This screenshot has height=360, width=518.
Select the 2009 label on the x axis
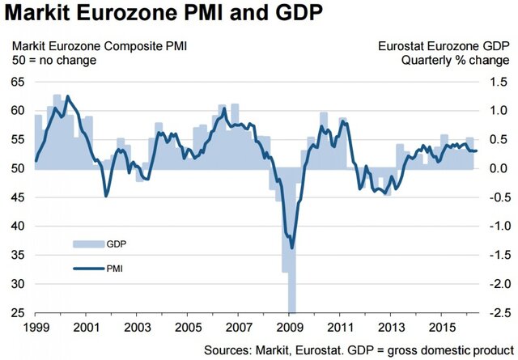[x=289, y=329]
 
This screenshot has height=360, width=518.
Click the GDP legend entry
[x=116, y=244]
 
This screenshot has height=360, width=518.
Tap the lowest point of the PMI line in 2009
[x=291, y=248]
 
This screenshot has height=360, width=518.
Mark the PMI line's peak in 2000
[x=66, y=96]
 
